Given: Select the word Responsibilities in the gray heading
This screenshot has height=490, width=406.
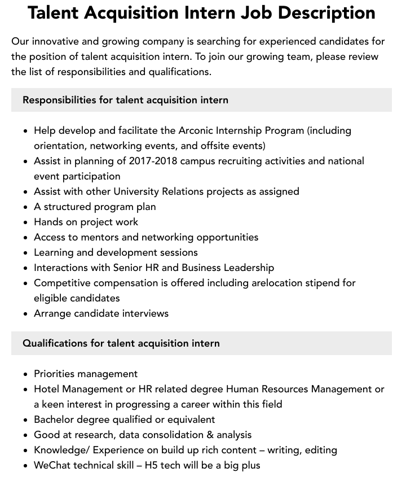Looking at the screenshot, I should [59, 100].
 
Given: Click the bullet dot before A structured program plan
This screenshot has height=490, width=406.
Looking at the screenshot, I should [25, 207].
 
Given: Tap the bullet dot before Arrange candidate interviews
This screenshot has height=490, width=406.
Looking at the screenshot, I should [25, 314].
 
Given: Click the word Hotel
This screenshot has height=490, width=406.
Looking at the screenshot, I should [47, 389].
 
